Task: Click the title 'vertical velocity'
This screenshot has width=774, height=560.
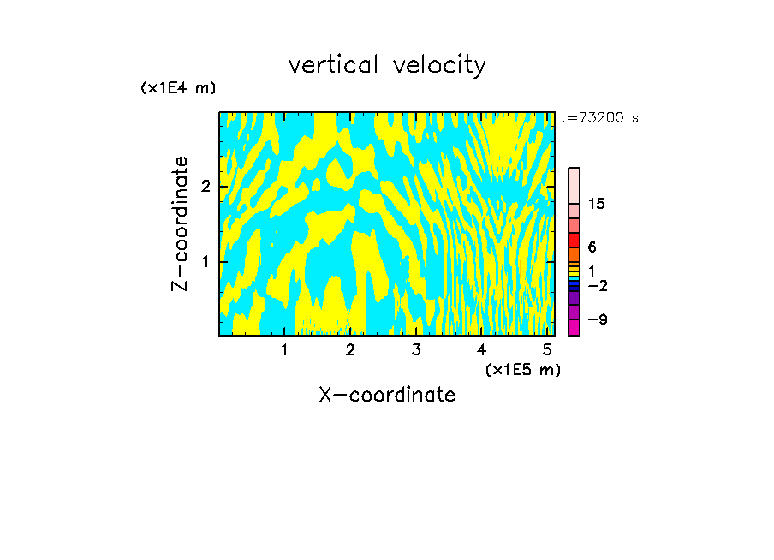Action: click(x=387, y=65)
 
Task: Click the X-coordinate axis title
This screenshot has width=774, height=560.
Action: click(x=387, y=395)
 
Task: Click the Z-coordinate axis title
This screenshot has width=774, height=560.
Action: click(x=180, y=223)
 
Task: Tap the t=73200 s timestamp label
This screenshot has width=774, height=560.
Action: click(x=599, y=118)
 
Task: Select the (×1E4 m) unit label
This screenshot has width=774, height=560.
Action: click(x=178, y=88)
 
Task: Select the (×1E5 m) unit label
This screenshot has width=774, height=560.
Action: click(x=522, y=369)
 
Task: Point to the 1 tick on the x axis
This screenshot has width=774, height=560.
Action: click(x=284, y=349)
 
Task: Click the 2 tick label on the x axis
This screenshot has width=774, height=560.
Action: click(x=350, y=349)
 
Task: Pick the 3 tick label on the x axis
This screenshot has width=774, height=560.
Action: click(x=416, y=349)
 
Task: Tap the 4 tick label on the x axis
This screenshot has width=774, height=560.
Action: click(x=481, y=349)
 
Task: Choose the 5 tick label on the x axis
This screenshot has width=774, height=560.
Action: click(x=547, y=349)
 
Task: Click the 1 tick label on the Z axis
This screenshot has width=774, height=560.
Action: click(x=206, y=261)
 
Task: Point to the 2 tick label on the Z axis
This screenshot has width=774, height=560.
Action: click(x=206, y=187)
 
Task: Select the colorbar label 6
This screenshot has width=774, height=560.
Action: click(x=592, y=247)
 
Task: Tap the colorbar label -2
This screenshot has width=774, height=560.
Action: click(x=597, y=286)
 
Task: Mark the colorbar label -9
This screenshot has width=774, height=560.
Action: click(x=597, y=319)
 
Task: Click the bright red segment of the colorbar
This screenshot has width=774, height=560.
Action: click(x=574, y=240)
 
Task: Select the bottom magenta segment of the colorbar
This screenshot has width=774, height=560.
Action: click(x=574, y=327)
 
